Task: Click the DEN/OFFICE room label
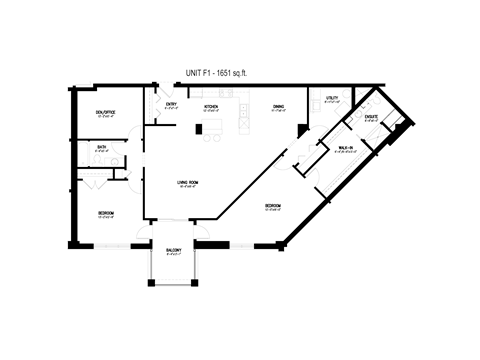105,112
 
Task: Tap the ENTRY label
171,105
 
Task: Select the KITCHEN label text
212,105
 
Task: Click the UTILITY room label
331,98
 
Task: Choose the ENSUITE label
371,117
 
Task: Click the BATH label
102,147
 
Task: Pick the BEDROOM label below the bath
105,213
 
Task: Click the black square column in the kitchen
199,128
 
